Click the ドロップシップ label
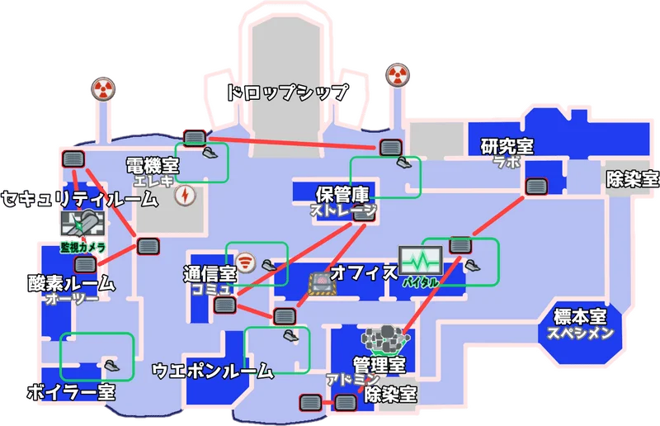287,92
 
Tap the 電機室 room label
153,166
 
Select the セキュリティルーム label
79,198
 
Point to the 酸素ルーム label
70,283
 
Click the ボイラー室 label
71,392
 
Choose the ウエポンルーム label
213,372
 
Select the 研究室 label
507,147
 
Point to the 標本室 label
581,317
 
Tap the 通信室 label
210,273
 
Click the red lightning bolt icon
186,196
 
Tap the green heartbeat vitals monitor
421,260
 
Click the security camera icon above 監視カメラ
82,223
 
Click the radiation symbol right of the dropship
397,77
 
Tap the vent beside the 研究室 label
537,186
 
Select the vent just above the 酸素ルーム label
86,264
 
